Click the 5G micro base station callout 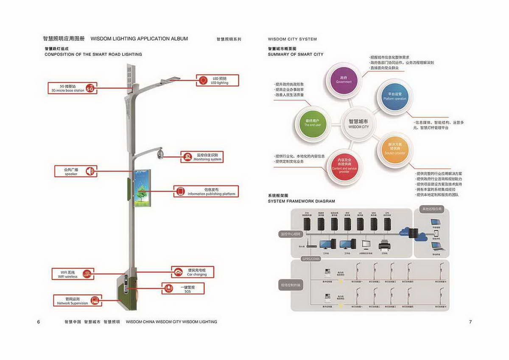(72, 88)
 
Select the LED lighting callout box (217, 80)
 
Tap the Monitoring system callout (202, 157)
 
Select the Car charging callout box (192, 272)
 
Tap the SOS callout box (183, 289)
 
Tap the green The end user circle (313, 123)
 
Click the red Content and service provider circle (344, 166)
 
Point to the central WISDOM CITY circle (358, 124)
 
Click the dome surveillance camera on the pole (160, 153)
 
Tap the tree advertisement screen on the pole (143, 188)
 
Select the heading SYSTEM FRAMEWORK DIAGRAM (301, 201)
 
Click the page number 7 (470, 322)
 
